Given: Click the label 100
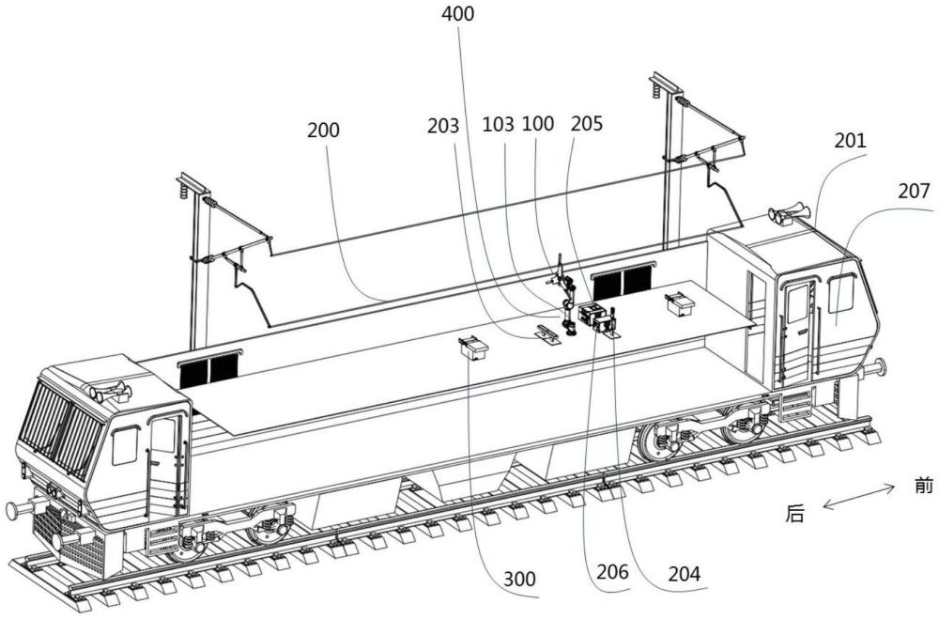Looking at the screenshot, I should click(x=538, y=125).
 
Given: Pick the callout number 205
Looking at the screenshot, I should click(x=585, y=125).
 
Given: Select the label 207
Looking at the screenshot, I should click(x=913, y=193).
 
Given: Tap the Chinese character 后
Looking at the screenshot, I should click(x=795, y=514).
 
